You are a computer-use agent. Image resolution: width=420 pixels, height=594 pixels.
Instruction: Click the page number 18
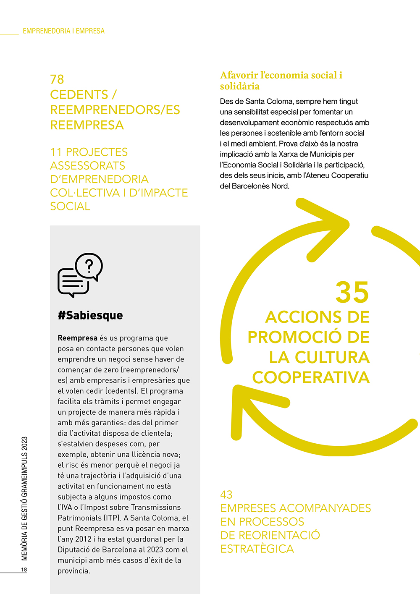(x=24, y=570)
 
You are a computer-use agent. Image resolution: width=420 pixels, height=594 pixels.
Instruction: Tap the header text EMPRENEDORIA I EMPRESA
(x=64, y=31)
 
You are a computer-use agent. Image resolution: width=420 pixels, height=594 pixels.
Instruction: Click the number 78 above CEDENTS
(x=57, y=79)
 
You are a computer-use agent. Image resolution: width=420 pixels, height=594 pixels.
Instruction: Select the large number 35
(x=352, y=293)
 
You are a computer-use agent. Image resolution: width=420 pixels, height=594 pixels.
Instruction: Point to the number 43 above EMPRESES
(x=226, y=495)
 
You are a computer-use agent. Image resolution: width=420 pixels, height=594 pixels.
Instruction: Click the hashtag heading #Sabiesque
(x=90, y=315)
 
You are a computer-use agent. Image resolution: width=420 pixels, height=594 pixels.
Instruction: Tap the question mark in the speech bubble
(x=89, y=265)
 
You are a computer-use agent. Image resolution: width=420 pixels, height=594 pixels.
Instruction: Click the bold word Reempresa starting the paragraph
(x=77, y=338)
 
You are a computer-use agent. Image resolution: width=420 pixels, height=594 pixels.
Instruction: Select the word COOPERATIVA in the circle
(x=311, y=377)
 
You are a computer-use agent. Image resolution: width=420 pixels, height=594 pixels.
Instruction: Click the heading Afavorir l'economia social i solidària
(x=281, y=81)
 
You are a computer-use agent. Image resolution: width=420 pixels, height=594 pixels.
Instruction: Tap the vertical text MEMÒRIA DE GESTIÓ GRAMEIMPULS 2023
(x=24, y=498)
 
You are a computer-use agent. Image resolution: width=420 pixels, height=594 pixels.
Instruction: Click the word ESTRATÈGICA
(x=257, y=549)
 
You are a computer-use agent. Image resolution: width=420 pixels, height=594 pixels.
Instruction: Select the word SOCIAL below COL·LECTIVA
(x=70, y=207)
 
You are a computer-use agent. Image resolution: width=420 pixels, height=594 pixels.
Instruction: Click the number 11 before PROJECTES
(x=56, y=152)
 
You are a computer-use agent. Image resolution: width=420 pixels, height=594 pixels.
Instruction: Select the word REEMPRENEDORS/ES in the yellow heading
(x=115, y=110)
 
